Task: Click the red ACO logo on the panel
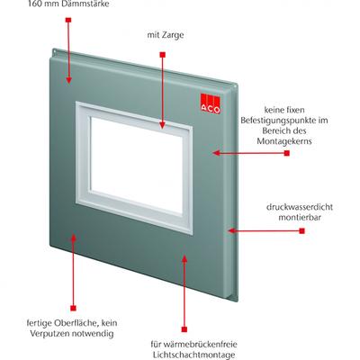click(211, 103)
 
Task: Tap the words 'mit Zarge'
click(166, 35)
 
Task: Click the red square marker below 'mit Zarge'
click(163, 55)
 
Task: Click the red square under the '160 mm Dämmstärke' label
click(68, 20)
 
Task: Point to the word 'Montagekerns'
click(284, 141)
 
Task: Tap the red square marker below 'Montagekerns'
click(287, 153)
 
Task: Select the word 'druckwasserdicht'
click(300, 207)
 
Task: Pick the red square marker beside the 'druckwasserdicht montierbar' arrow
click(302, 230)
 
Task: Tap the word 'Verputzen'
click(49, 334)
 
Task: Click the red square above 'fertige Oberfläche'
click(73, 308)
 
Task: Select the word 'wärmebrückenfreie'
click(201, 344)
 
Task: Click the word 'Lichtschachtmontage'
click(193, 355)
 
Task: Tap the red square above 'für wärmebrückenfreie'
click(184, 329)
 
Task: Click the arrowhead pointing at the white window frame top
click(162, 125)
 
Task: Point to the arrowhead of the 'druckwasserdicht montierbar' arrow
click(230, 230)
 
